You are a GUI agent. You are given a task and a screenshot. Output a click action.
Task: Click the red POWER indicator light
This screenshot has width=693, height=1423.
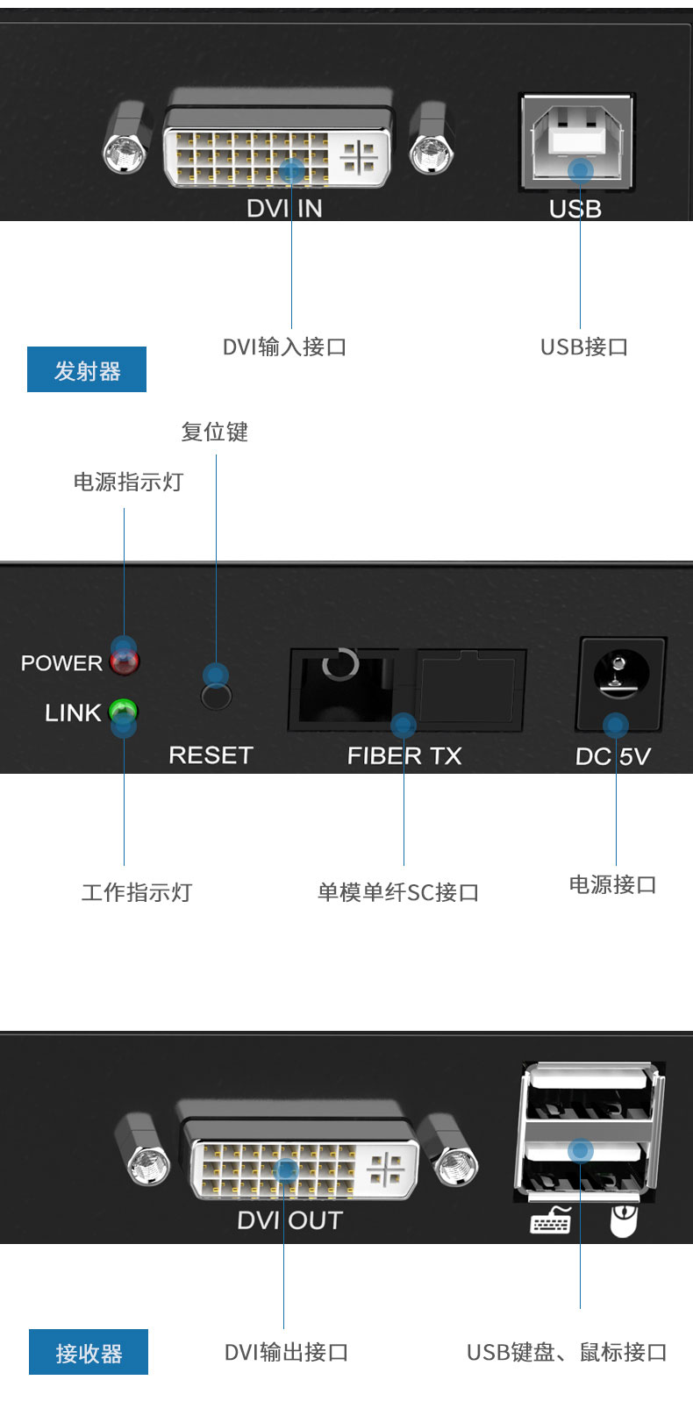coord(125,662)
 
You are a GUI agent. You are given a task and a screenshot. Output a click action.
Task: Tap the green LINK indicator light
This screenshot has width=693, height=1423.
coord(123,711)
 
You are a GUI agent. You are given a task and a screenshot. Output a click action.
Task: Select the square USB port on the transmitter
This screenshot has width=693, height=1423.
coord(576,141)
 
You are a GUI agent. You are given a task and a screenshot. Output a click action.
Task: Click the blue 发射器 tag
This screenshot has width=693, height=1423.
coord(87,369)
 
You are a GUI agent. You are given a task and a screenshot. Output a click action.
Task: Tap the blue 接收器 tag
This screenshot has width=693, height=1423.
coord(89,1352)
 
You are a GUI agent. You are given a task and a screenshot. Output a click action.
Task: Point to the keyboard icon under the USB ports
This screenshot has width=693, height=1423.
coord(551,1219)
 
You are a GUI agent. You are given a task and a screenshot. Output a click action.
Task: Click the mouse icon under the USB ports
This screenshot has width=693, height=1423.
coord(624,1220)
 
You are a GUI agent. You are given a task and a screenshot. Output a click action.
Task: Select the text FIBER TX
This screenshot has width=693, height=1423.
coord(404,756)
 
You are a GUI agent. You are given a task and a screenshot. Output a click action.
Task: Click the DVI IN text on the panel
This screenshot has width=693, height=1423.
coord(284,209)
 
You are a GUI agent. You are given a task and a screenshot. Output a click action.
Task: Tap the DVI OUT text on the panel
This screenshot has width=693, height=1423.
coord(290,1220)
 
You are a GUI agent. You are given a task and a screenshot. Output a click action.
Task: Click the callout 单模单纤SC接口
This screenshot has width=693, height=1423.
coord(398,892)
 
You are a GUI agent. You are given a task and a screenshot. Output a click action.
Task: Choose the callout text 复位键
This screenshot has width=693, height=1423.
coord(215,432)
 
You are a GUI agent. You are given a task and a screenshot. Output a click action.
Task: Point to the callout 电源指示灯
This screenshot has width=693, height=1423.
coord(128,483)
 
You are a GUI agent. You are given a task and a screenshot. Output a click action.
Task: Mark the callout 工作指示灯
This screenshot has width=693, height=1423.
coord(137,892)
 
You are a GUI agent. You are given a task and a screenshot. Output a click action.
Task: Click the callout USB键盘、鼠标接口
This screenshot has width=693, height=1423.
coord(567,1353)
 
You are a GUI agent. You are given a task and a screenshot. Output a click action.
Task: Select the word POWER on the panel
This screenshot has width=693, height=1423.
coord(61,663)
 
